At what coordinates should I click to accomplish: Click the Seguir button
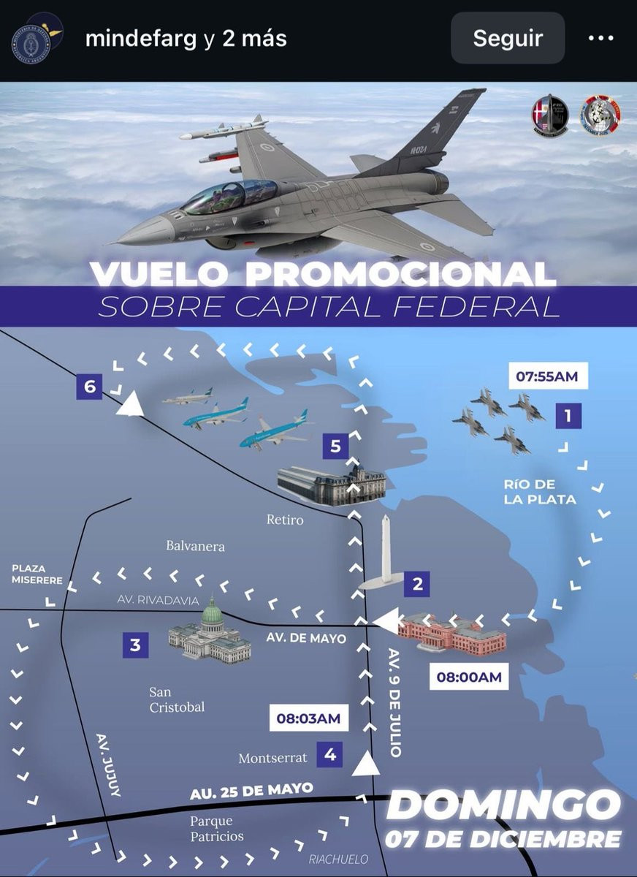508,38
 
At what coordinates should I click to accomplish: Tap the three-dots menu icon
600,38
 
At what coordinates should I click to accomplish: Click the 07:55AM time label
547,377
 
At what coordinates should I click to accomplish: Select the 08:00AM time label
469,677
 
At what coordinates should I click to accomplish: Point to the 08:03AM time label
308,718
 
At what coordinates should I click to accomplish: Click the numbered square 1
568,417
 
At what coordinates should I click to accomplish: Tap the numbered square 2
417,584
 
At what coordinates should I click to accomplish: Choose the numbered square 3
135,645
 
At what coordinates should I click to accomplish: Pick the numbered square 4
330,754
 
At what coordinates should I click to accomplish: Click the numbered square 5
335,445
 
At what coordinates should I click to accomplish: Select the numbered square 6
90,387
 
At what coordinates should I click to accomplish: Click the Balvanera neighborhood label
195,545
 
